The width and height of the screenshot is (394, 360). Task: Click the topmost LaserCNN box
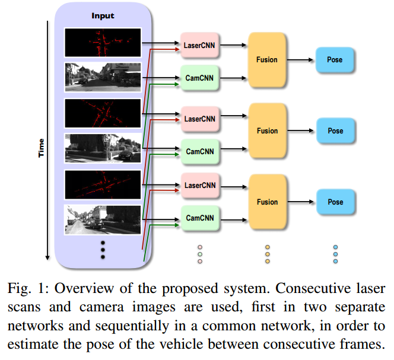tap(199, 45)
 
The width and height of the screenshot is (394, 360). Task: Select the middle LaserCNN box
tap(200, 119)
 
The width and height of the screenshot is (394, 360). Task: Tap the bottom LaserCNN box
tap(200, 186)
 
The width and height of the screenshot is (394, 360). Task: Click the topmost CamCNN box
tap(199, 78)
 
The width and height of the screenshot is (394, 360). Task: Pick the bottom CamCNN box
tap(200, 218)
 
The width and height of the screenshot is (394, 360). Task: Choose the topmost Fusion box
tap(267, 60)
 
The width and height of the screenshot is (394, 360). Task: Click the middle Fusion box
tap(268, 130)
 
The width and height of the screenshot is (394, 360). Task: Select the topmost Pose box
tap(335, 60)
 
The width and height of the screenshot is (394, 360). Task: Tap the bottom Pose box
tap(335, 202)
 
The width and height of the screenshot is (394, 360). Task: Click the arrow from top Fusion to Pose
tap(300, 60)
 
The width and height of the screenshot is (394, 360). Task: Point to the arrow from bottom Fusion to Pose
tap(300, 202)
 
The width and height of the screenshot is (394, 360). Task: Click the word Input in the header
tap(103, 16)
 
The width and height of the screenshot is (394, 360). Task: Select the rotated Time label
tap(41, 148)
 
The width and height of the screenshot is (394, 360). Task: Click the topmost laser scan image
tap(103, 43)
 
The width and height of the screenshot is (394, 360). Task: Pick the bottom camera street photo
tap(103, 220)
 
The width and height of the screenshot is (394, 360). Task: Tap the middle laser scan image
tap(103, 113)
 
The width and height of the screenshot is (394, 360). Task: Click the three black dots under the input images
tap(103, 250)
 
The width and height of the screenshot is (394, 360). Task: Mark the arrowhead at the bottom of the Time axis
tap(47, 258)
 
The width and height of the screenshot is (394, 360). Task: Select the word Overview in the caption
tap(84, 288)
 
